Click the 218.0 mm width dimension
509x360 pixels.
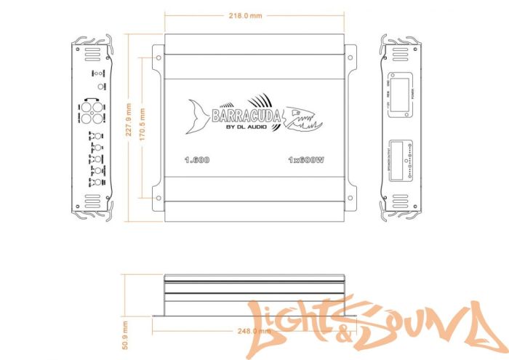(x=245, y=15)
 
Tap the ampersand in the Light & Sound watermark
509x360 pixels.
(x=338, y=329)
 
